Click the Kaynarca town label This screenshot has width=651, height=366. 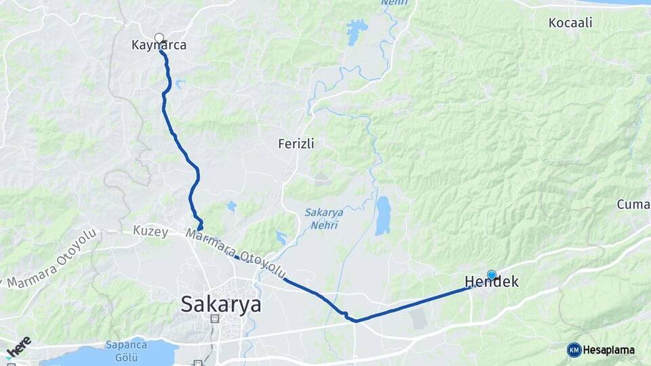coord(159,46)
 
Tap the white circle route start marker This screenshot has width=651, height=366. coord(159,38)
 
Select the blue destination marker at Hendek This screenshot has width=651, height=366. coord(492,274)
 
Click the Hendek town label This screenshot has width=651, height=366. coord(492,282)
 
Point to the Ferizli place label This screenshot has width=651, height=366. coord(296,144)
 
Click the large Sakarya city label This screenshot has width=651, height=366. coord(220,304)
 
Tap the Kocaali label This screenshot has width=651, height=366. coord(570,23)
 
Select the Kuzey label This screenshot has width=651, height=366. coord(151,231)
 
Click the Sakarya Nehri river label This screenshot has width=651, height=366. coord(323,218)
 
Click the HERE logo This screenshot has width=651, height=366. coord(18,346)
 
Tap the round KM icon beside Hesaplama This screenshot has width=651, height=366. coord(574,350)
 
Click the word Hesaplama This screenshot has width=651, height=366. coord(608,350)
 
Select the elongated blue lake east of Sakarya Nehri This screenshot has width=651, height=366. coord(383,216)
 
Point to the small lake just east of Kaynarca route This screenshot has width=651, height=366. coord(179,84)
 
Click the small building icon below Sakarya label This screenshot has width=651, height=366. coord(214,318)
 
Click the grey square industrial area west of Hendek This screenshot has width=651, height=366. coord(418,319)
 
